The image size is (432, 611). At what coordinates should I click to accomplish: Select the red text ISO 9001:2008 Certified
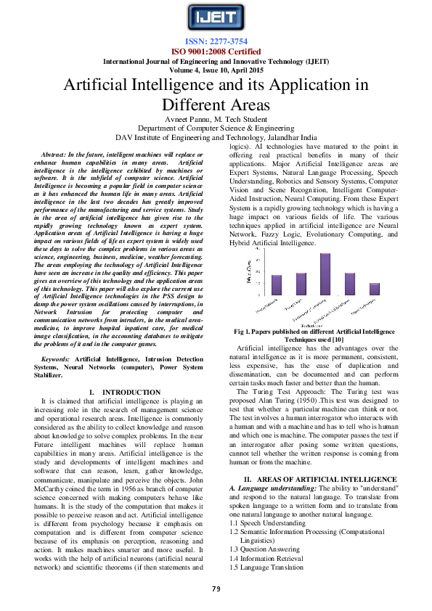[x=215, y=52]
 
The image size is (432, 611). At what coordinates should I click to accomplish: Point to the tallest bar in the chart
[x=325, y=273]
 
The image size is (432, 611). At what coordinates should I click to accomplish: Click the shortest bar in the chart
[x=375, y=288]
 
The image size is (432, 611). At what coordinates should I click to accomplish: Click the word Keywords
[x=56, y=360]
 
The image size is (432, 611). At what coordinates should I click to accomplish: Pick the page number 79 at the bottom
[x=216, y=588]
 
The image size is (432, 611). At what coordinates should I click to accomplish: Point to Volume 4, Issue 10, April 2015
[x=215, y=70]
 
